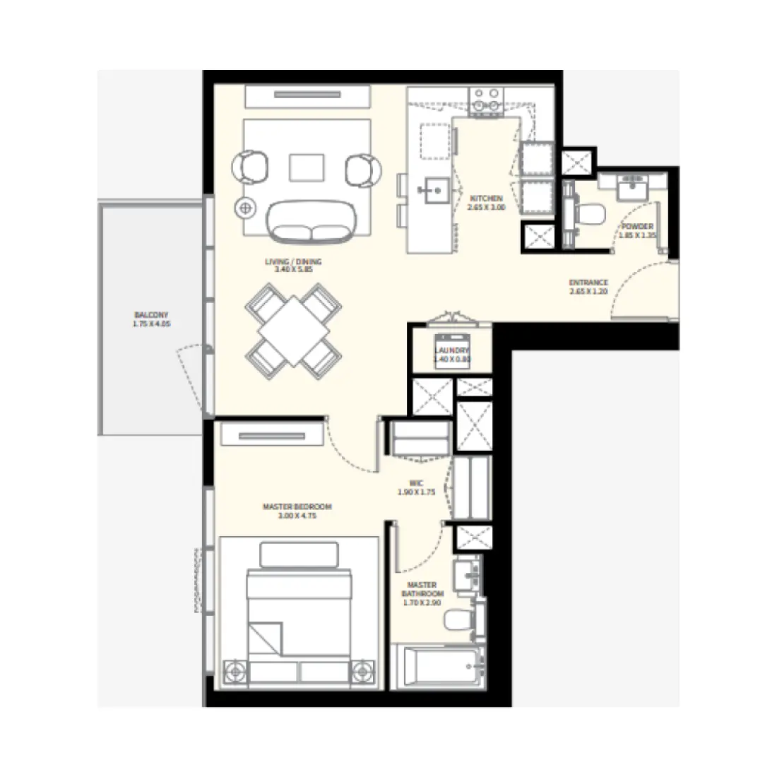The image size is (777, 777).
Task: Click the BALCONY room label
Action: click(x=152, y=316)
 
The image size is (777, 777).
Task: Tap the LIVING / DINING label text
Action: click(x=288, y=261)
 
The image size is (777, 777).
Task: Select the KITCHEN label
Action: click(x=485, y=199)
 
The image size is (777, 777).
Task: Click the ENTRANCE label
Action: click(x=588, y=283)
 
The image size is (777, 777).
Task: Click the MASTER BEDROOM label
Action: click(x=297, y=506)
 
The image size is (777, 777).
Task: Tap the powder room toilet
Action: click(x=590, y=212)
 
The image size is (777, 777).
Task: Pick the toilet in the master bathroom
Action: click(x=457, y=622)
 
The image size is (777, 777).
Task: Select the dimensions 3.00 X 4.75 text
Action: click(x=297, y=516)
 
